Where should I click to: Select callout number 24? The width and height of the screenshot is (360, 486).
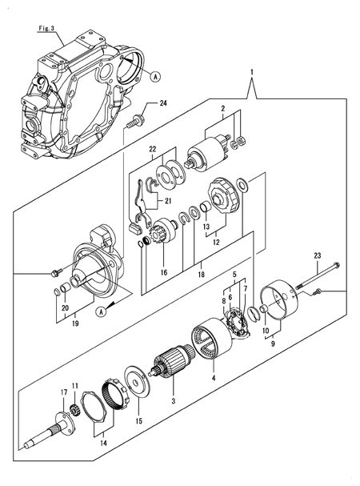[x=163, y=103]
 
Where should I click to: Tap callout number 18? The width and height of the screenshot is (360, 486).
[x=201, y=274]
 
